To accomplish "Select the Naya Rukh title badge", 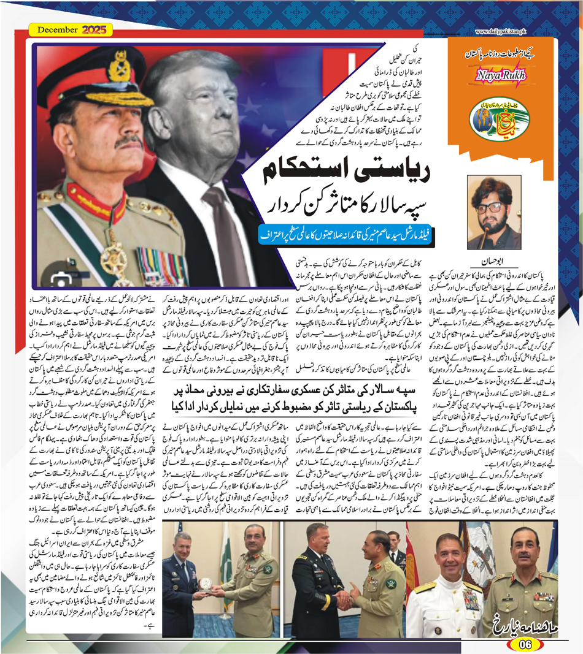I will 496,75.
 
